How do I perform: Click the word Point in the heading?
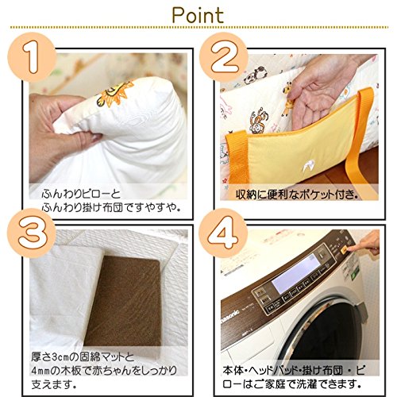click(x=198, y=15)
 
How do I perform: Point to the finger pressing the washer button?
click(x=364, y=244)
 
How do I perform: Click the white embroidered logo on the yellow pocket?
click(x=307, y=166)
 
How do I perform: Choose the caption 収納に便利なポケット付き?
click(x=297, y=195)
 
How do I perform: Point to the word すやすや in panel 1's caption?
click(x=160, y=207)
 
